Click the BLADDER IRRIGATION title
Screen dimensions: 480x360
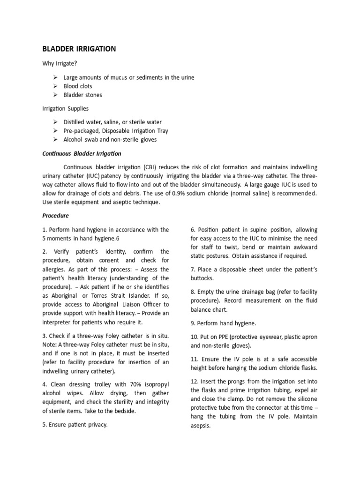coord(79,49)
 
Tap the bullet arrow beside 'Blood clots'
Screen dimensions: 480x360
coord(55,86)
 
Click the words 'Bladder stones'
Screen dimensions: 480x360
coord(82,95)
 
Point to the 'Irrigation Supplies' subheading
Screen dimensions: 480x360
coord(65,109)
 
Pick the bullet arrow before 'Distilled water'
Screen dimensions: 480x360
coord(55,122)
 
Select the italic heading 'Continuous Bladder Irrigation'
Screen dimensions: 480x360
coord(82,153)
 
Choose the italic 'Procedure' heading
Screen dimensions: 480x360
coord(55,216)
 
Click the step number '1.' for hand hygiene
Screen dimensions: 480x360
coord(45,230)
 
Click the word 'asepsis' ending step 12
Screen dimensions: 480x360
coord(200,426)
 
